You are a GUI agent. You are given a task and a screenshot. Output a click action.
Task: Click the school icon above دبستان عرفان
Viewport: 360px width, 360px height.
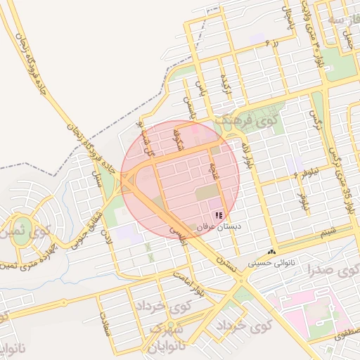point(219,215)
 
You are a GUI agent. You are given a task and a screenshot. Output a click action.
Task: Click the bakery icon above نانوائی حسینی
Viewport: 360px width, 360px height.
point(271,252)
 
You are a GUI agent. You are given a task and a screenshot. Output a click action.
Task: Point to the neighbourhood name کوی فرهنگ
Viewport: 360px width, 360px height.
point(246,120)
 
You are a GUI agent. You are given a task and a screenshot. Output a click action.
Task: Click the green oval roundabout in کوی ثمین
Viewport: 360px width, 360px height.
point(22,235)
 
